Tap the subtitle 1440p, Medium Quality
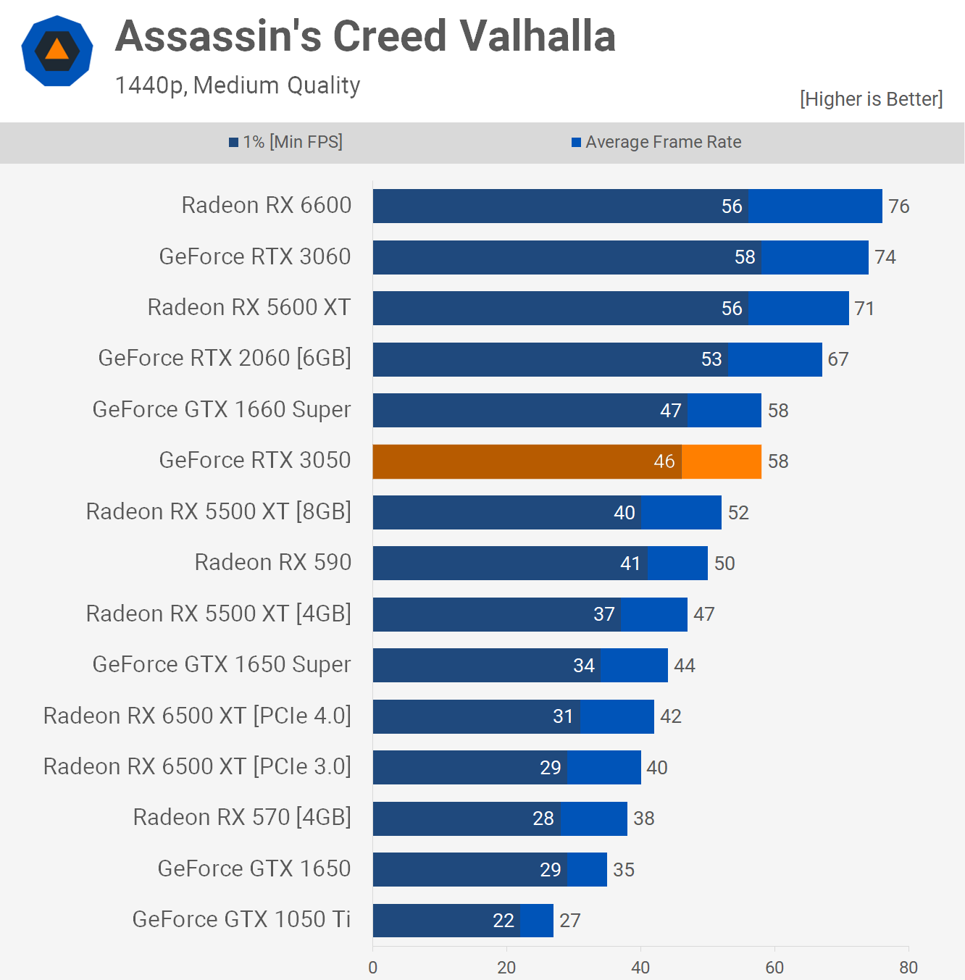click(238, 85)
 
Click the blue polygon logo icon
click(57, 51)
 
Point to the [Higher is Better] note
click(871, 99)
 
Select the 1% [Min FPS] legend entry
click(286, 142)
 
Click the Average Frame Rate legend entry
click(656, 142)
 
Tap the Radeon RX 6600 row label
click(267, 206)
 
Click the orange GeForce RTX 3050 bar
click(567, 461)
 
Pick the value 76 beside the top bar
click(898, 206)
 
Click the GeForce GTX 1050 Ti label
click(241, 919)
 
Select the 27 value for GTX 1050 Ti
click(570, 921)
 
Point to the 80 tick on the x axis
click(908, 968)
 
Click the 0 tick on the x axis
click(373, 968)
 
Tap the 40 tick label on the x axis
click(640, 968)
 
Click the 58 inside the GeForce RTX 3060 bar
click(745, 257)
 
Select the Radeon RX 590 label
click(273, 563)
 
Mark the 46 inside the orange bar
click(664, 461)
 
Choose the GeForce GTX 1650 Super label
click(222, 665)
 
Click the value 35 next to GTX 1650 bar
click(624, 870)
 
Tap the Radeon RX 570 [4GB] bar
click(500, 818)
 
